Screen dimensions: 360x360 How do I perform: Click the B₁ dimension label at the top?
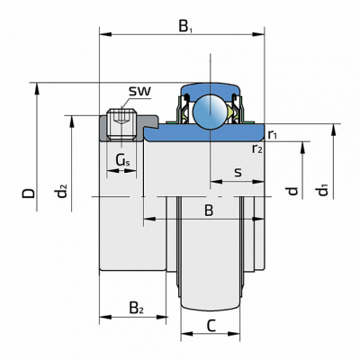pos(185,26)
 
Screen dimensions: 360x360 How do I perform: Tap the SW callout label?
pos(140,91)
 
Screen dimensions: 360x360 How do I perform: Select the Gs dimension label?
pos(123,161)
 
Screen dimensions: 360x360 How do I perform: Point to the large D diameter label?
pos(29,193)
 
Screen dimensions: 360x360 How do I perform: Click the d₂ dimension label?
pos(62,192)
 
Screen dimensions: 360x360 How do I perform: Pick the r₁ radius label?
pos(272,135)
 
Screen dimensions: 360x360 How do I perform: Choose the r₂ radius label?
pos(257,148)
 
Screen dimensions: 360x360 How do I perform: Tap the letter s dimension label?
pos(238,172)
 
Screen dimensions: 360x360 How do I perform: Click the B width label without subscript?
pos(209,211)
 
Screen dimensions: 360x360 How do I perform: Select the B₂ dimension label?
pos(136,308)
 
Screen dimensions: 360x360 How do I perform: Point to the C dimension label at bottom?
pos(211,326)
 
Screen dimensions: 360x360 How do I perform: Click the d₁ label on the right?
pos(323,191)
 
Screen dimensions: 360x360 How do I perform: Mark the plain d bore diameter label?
pos(292,191)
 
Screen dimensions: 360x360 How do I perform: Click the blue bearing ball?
pos(210,112)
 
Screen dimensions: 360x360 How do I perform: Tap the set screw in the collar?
pos(121,125)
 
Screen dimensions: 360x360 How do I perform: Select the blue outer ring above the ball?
pos(210,89)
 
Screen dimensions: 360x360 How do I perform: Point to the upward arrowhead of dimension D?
pos(37,89)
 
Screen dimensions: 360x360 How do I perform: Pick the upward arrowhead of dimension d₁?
pos(333,130)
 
